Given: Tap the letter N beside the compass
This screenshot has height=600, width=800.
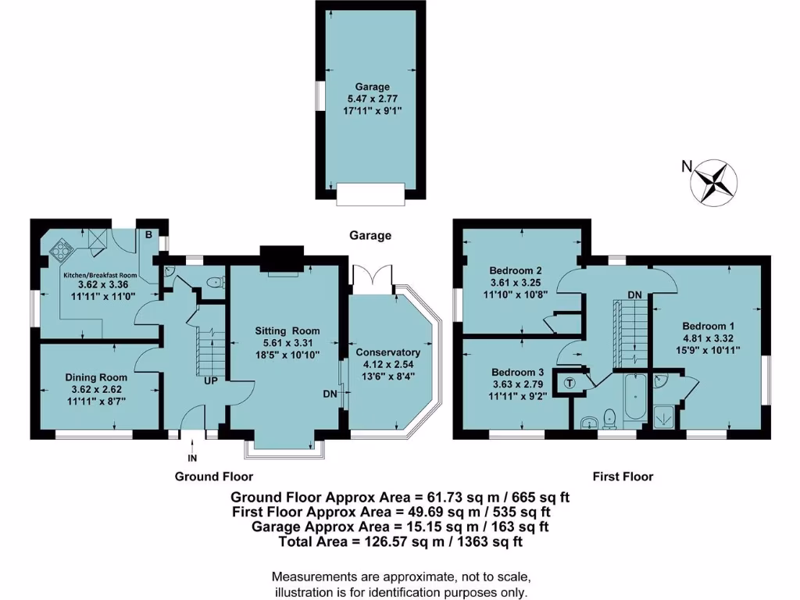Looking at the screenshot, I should pyautogui.click(x=686, y=166).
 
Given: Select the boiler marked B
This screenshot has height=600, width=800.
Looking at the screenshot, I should pyautogui.click(x=146, y=233).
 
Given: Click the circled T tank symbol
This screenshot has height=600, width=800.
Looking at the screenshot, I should pyautogui.click(x=569, y=383).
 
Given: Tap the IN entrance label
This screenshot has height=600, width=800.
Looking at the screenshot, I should pyautogui.click(x=191, y=457).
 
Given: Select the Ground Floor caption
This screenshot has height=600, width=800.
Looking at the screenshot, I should pyautogui.click(x=213, y=476).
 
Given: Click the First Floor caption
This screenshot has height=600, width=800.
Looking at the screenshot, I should pyautogui.click(x=622, y=476).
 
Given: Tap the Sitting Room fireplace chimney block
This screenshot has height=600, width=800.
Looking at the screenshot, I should pyautogui.click(x=280, y=256).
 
